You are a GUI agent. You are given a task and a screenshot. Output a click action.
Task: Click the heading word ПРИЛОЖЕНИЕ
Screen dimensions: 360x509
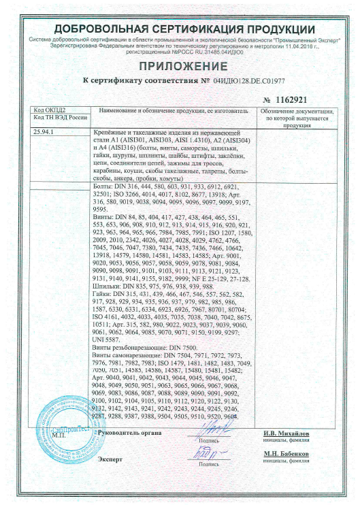tap(180, 66)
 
